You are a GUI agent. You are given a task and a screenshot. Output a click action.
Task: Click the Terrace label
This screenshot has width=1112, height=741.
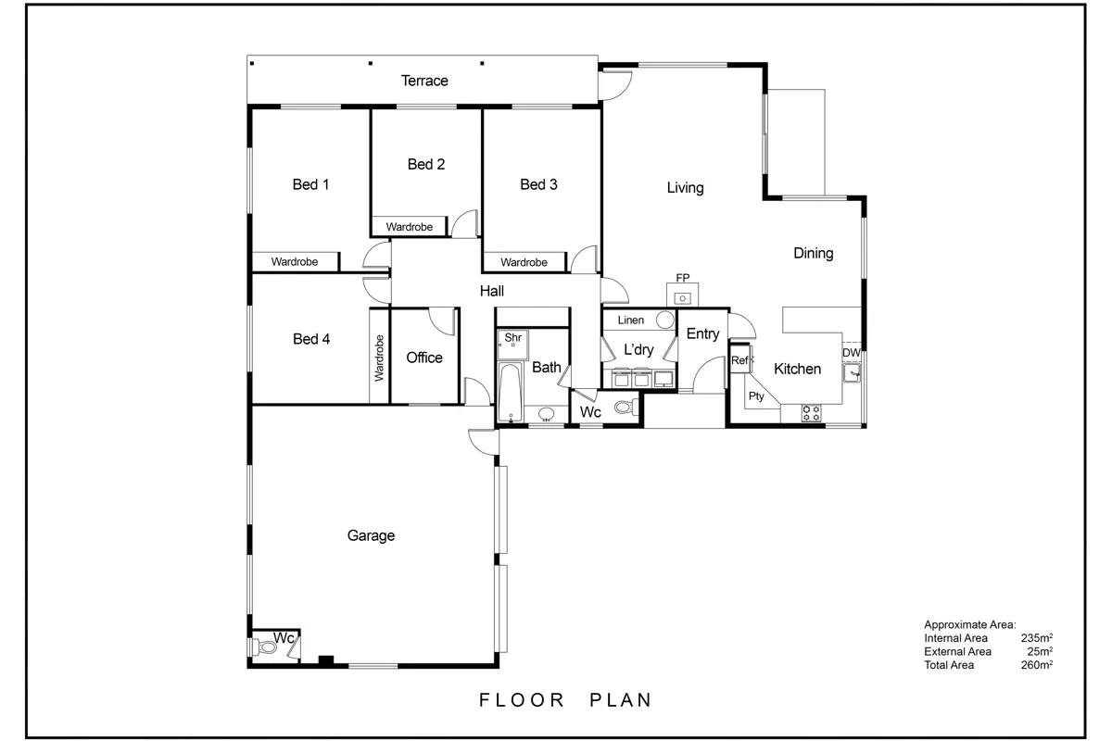click(424, 81)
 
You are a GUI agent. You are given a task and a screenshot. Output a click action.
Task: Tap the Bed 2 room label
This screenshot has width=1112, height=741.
click(426, 164)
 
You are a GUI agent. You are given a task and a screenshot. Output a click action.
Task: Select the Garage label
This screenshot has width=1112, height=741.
click(371, 535)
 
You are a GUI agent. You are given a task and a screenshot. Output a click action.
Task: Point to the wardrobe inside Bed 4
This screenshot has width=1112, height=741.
click(379, 356)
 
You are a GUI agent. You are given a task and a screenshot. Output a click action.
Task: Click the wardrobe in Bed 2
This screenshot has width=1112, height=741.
click(409, 226)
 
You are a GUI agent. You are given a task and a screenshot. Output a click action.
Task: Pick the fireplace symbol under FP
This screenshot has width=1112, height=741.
click(683, 298)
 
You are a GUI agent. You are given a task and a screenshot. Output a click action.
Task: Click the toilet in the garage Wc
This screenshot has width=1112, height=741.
click(265, 647)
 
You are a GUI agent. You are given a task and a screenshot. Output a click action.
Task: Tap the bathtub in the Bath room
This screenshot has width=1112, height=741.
click(510, 392)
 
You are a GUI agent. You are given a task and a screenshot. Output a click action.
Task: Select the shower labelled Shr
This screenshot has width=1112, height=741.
click(512, 344)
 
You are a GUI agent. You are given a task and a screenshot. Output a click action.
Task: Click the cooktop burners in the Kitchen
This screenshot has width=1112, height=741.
click(811, 413)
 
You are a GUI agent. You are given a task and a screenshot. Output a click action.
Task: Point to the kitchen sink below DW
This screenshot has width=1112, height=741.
click(852, 372)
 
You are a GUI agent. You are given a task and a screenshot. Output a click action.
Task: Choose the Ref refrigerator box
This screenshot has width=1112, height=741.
click(740, 359)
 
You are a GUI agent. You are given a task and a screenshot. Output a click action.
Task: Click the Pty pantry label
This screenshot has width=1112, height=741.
click(756, 396)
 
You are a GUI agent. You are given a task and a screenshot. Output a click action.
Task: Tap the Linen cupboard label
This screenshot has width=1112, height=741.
click(630, 320)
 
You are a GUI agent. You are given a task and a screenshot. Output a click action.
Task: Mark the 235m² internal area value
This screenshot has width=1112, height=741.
click(1037, 638)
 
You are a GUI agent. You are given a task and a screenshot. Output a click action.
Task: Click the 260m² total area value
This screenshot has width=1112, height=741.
click(1037, 664)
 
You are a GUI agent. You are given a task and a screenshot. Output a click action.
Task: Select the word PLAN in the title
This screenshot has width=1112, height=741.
click(621, 700)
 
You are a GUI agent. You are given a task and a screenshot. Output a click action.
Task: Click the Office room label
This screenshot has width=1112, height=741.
click(424, 358)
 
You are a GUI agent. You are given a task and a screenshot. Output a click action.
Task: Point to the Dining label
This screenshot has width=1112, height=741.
click(814, 253)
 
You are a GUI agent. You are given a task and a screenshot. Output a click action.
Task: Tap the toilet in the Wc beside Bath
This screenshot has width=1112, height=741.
click(627, 408)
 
